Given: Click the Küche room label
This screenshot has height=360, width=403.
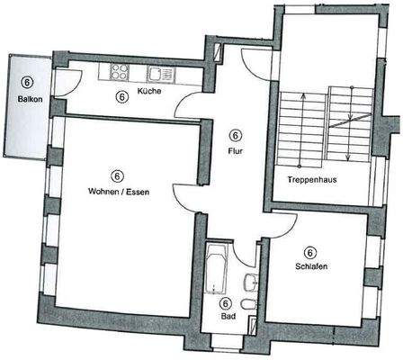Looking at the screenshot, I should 149,93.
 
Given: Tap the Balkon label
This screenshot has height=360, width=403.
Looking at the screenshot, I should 25,98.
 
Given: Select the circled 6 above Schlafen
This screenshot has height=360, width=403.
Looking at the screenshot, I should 309,253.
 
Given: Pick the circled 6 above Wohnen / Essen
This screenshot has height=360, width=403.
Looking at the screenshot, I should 117,175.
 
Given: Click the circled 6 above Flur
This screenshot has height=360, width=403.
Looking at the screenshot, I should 236,136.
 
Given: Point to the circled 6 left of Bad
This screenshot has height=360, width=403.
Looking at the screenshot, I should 226,304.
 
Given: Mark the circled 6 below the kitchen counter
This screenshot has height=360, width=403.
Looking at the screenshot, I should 122,96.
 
